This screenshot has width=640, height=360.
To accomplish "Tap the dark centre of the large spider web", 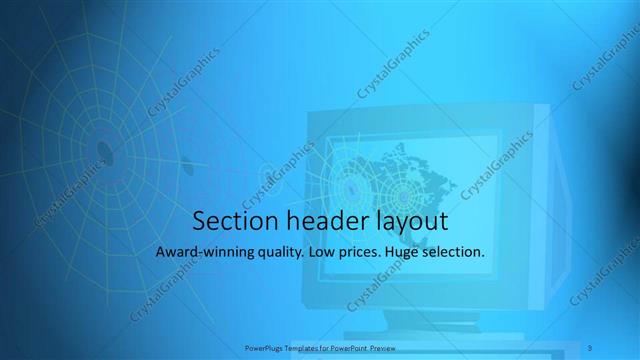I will (x=103, y=150).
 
